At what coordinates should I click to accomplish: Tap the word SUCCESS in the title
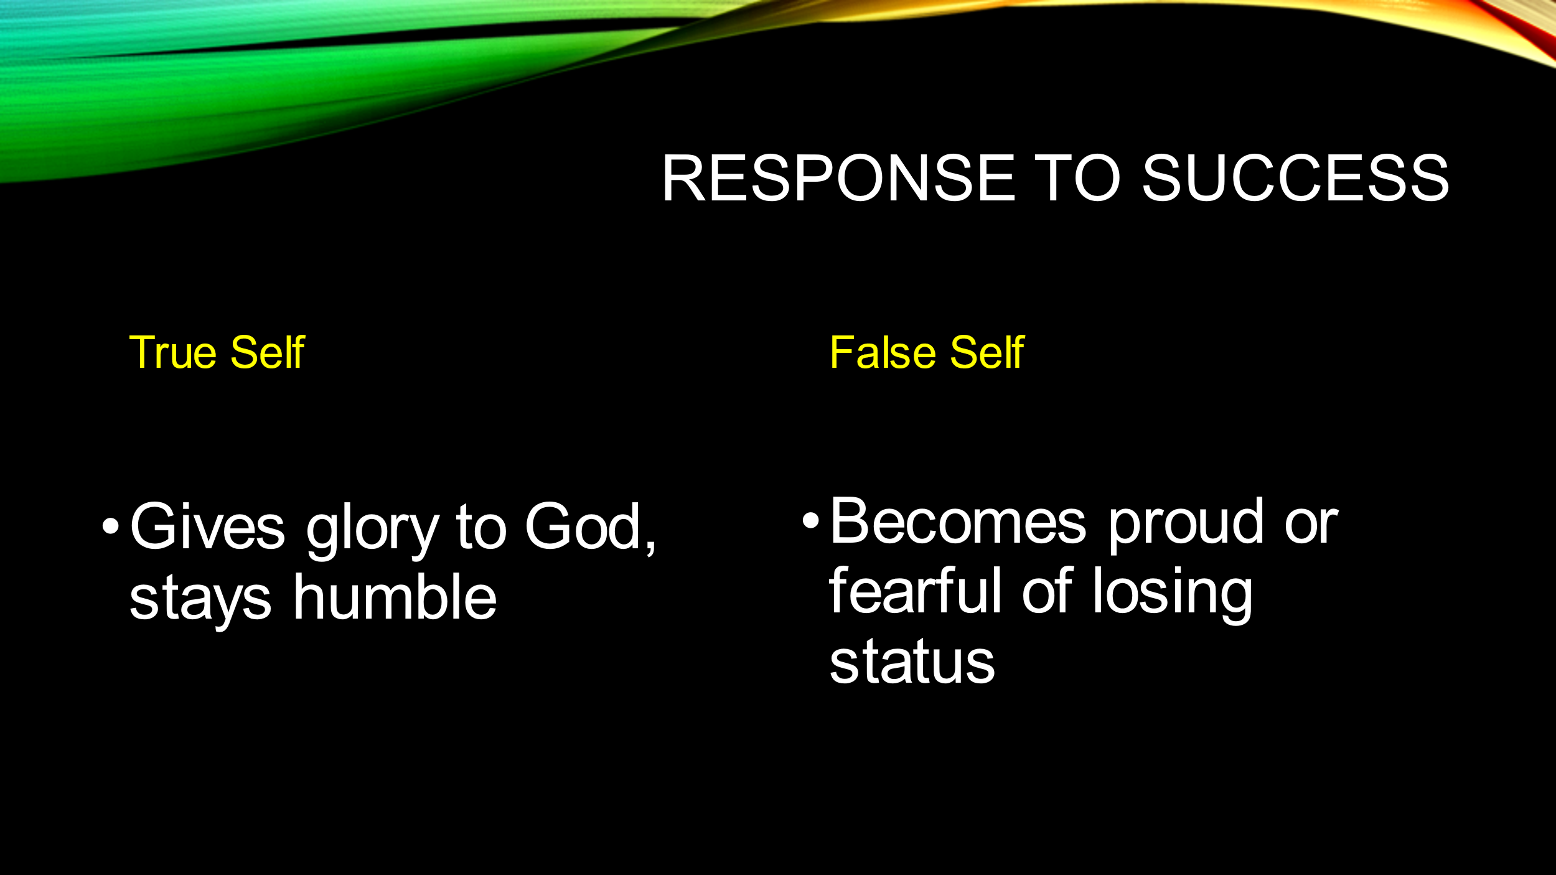(x=1295, y=178)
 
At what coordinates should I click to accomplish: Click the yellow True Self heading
(x=217, y=353)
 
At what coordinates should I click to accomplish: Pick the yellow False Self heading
(x=927, y=353)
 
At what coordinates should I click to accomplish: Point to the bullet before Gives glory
(x=110, y=526)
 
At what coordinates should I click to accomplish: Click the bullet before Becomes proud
(x=810, y=520)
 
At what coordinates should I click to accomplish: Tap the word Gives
(x=208, y=526)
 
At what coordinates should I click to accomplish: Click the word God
(x=584, y=526)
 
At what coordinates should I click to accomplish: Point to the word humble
(x=395, y=597)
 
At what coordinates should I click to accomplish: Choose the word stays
(x=200, y=601)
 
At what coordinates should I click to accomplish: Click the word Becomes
(x=958, y=521)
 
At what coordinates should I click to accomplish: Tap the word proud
(x=1186, y=525)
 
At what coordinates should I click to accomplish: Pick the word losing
(x=1173, y=594)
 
